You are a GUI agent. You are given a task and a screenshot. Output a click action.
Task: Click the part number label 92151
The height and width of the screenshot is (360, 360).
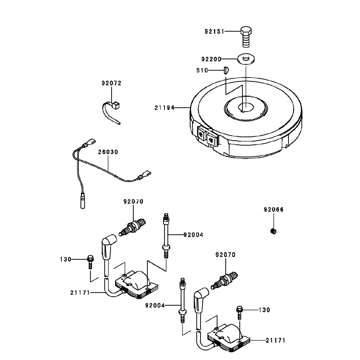(214, 31)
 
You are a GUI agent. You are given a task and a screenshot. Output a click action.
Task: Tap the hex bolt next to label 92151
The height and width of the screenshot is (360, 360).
(246, 37)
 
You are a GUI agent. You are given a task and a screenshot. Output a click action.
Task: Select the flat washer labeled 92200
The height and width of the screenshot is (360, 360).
(246, 59)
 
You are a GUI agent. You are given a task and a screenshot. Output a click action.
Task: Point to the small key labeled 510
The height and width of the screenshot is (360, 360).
(226, 70)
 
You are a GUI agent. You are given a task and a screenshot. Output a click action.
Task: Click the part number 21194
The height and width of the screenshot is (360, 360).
(164, 108)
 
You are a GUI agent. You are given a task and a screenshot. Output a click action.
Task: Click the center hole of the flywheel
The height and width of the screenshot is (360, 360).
(246, 107)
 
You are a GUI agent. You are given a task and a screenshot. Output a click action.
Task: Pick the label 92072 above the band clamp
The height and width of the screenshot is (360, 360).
(111, 83)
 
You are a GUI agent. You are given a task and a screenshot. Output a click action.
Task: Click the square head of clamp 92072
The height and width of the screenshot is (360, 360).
(116, 105)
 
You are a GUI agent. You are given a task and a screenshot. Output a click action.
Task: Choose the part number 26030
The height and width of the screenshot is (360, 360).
(108, 152)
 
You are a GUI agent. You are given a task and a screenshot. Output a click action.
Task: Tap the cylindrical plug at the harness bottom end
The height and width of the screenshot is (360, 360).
(82, 201)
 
